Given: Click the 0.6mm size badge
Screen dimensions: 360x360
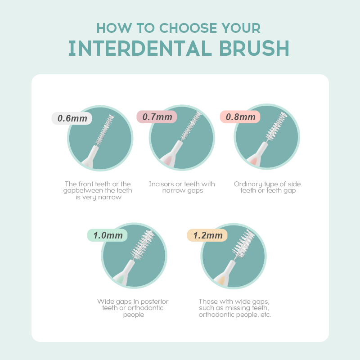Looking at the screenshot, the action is coord(72,118).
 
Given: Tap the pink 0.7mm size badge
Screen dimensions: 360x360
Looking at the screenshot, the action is coord(157,117).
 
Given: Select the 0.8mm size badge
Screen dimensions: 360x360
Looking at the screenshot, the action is coord(240,117).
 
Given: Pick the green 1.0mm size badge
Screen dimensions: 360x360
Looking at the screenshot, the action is coord(108,235).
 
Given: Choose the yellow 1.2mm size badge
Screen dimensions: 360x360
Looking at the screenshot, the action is coord(207,235).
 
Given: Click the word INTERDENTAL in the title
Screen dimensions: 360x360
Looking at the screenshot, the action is coord(140,48).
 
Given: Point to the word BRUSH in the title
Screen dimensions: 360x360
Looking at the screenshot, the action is coord(254,48).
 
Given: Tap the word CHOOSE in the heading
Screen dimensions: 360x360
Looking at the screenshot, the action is coord(188,28).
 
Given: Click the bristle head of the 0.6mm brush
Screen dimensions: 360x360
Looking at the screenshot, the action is coord(105,130).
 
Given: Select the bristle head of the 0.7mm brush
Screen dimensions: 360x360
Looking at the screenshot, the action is coord(191,126).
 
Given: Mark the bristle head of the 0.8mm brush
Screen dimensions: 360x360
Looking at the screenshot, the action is coord(276,126).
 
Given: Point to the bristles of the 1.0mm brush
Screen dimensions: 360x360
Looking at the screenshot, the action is coord(142,245).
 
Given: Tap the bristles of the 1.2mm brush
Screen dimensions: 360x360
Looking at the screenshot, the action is coord(243,244).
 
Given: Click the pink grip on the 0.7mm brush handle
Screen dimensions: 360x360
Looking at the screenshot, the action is coord(168,160).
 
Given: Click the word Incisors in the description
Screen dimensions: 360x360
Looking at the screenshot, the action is coord(161,184).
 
